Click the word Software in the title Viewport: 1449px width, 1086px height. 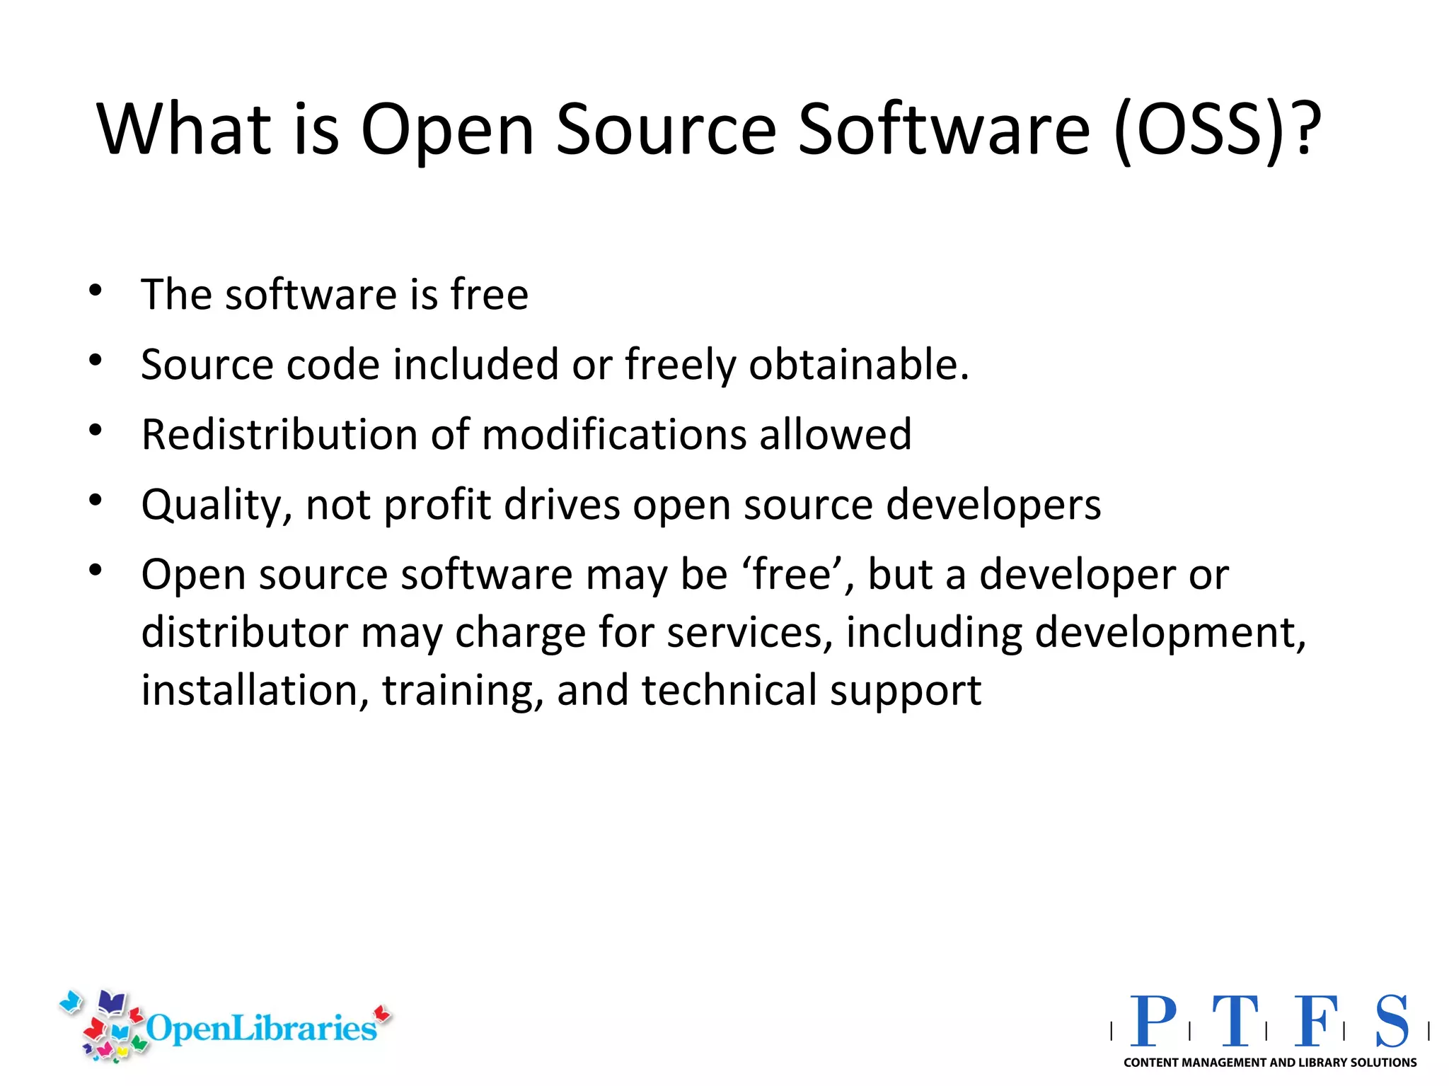coord(945,129)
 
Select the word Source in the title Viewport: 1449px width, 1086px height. coord(666,129)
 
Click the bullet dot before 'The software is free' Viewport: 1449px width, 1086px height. coord(96,290)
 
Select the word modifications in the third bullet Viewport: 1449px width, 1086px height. coord(614,433)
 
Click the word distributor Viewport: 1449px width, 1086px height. coord(245,631)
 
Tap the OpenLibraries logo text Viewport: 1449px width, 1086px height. coord(260,1027)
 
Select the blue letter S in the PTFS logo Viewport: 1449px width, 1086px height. coord(1392,1021)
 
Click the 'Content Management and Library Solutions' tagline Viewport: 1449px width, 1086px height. coord(1270,1063)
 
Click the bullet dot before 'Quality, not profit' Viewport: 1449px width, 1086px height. coord(96,500)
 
